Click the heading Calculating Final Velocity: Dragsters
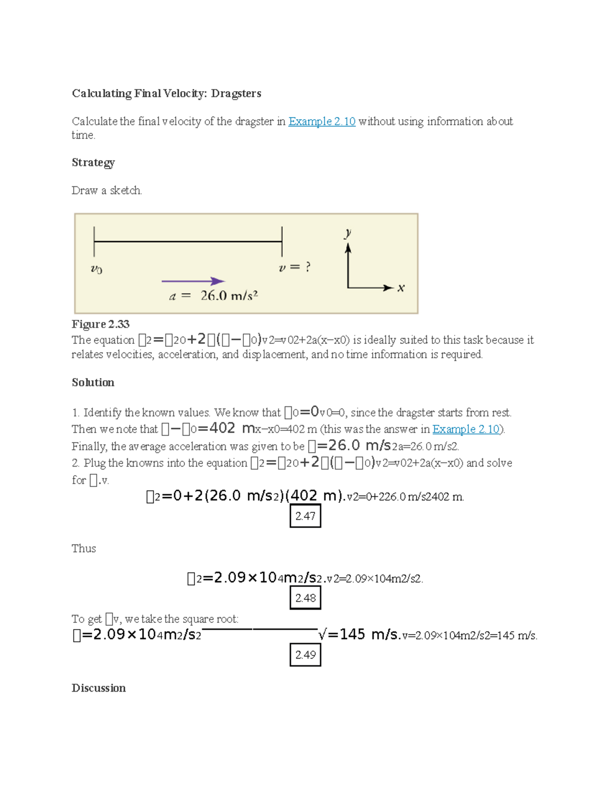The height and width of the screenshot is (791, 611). coord(166,93)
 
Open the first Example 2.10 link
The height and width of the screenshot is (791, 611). coord(321,121)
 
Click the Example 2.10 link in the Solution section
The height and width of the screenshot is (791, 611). coord(466,429)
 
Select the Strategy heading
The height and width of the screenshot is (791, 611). coord(93,162)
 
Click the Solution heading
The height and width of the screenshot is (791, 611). coord(93,383)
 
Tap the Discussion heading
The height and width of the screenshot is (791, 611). coord(98,688)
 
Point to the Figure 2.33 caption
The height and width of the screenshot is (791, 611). coord(100,324)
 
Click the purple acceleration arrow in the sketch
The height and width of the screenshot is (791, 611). coord(193,281)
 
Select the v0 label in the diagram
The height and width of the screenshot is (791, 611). coord(96,269)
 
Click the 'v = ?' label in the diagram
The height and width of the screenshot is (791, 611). coord(294,267)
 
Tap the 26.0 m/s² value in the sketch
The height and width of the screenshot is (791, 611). coord(229,295)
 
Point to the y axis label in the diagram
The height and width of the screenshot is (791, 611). coord(348,233)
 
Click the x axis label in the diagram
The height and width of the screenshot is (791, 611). coord(401,288)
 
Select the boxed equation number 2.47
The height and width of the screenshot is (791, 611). coord(305,516)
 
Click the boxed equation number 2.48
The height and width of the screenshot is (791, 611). coord(305,598)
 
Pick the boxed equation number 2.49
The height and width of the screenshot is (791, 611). coord(305,654)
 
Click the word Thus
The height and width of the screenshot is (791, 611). coord(84,549)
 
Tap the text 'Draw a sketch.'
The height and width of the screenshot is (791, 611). coord(106,190)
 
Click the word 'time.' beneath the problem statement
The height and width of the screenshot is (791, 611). coord(83,135)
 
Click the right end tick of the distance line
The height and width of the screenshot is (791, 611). coord(282,241)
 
